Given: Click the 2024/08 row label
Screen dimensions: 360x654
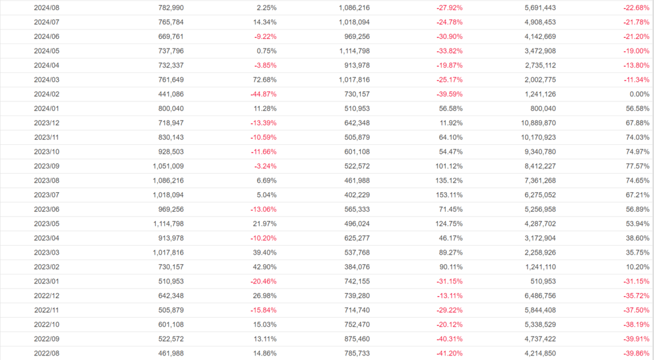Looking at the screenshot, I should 47,8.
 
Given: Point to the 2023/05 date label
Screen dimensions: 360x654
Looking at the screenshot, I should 47,223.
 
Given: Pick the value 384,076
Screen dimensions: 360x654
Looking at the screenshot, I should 353,266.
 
